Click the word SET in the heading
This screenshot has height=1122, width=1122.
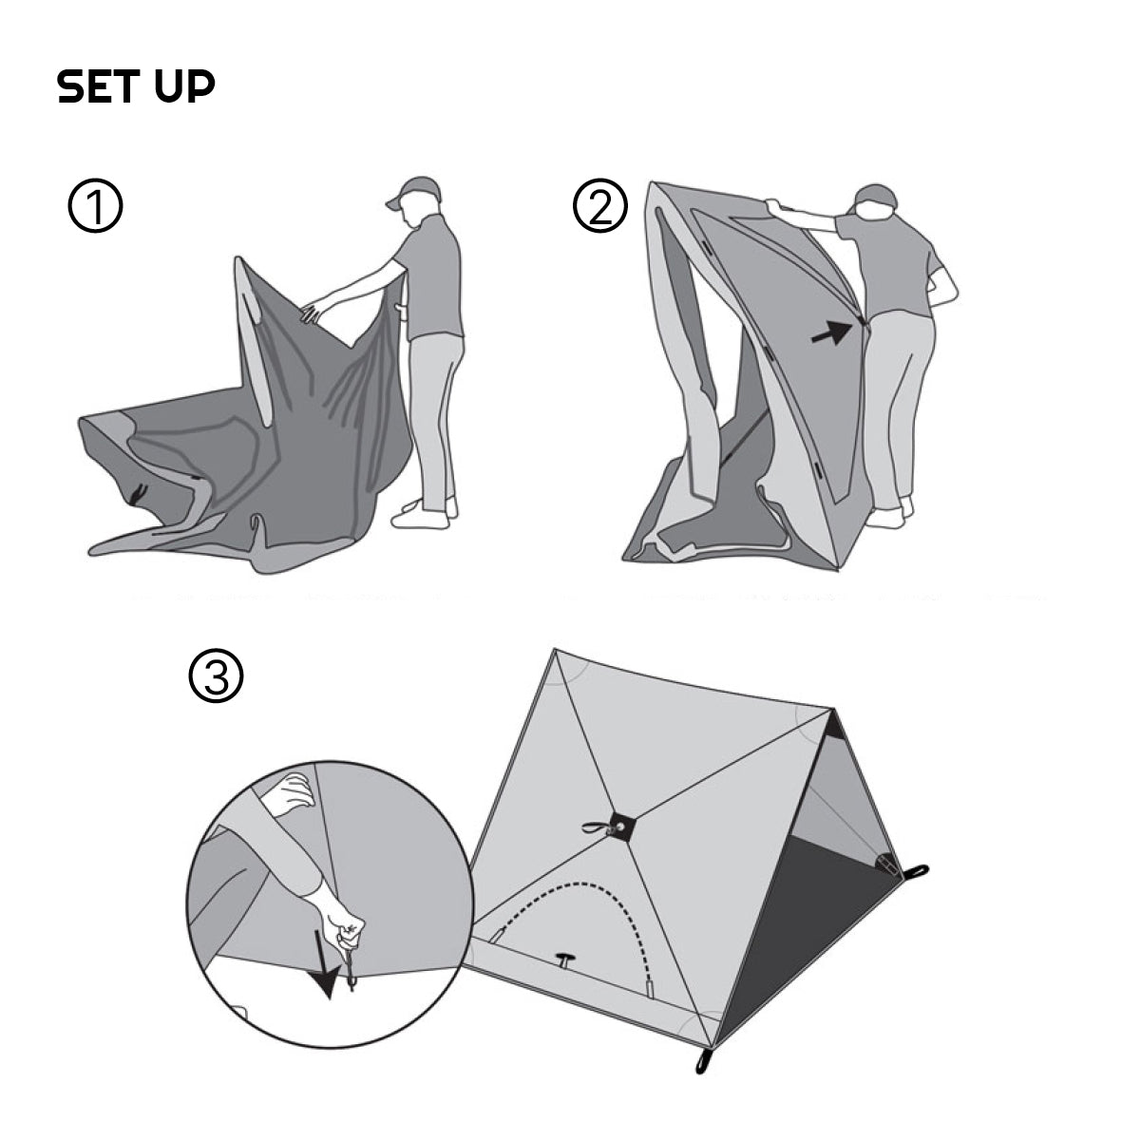pos(98,86)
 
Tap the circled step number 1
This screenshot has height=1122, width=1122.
pos(95,205)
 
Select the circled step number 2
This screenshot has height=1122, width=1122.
pos(600,205)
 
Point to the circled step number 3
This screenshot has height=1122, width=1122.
pos(216,675)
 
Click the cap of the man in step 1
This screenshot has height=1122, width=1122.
pos(415,192)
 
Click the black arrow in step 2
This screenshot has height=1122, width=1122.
pos(831,332)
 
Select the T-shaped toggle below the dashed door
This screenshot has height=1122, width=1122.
pos(565,960)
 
